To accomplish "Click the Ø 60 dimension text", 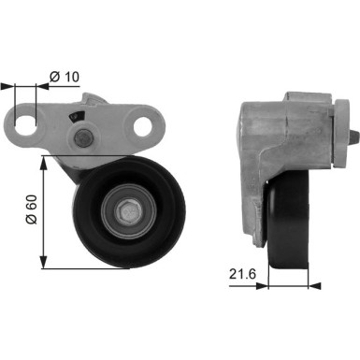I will click(31, 211).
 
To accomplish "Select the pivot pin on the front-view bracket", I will click(80, 141).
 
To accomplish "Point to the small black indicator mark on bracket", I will click(75, 116).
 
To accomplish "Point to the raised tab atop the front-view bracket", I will click(94, 98).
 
